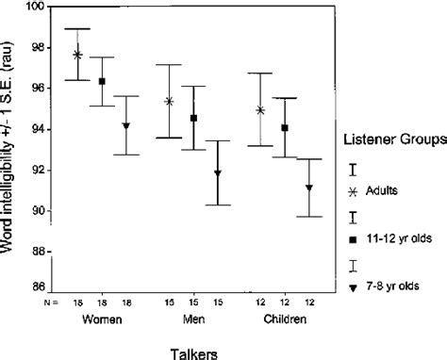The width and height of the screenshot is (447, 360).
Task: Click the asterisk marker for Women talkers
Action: (77, 55)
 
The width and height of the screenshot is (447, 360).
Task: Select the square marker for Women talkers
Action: (102, 81)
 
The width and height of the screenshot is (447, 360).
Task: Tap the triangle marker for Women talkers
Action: (126, 125)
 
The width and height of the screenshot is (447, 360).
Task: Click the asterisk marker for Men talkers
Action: (169, 101)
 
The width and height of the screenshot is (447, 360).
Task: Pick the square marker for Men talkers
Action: (193, 118)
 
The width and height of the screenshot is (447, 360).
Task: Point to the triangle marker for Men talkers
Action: (218, 173)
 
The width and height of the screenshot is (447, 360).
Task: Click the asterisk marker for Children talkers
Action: (259, 109)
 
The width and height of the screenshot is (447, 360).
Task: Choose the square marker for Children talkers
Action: (284, 127)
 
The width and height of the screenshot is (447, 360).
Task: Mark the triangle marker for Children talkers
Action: (308, 188)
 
